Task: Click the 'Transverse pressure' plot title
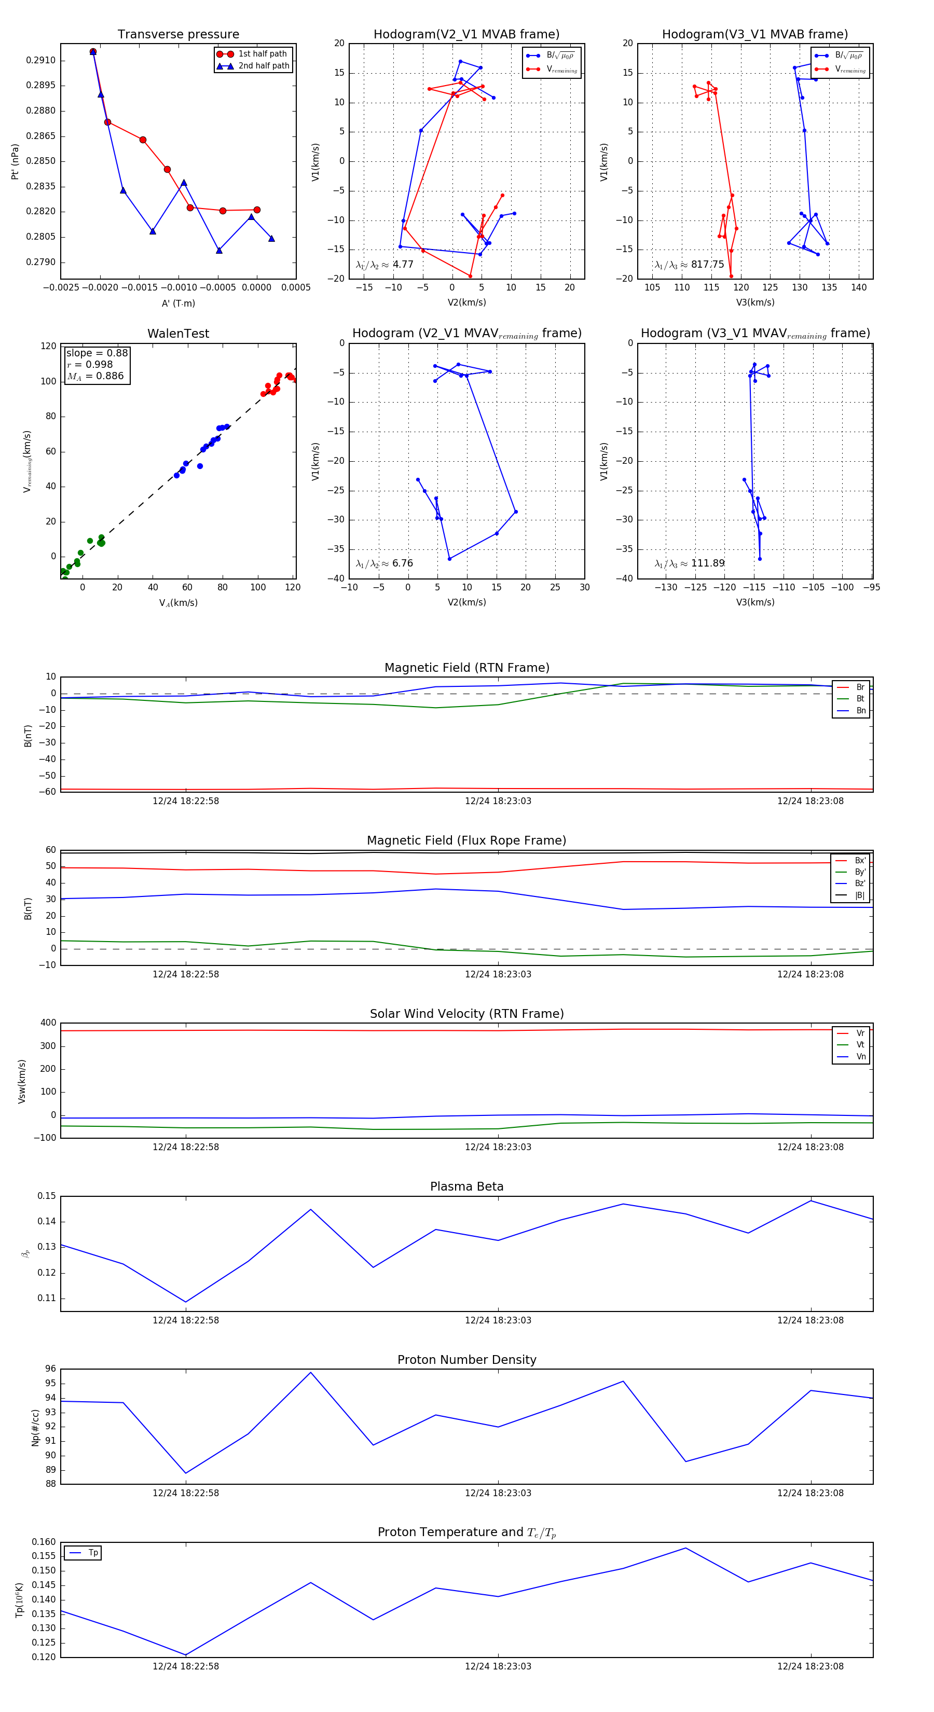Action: point(178,35)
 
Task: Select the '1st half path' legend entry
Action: point(262,54)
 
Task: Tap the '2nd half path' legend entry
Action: point(263,66)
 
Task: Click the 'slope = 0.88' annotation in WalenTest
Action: point(97,353)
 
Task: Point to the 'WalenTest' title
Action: point(178,334)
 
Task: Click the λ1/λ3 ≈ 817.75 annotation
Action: point(690,265)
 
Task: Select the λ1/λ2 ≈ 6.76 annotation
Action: point(384,563)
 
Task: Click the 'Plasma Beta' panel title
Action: point(466,1186)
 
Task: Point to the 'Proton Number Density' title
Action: point(466,1360)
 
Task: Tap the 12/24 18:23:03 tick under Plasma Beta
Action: point(498,1320)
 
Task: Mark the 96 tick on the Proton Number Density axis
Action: point(50,1369)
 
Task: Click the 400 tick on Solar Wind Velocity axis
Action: point(48,1023)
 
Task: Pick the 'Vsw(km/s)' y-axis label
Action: point(22,1081)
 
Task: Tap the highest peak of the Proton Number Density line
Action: point(310,1372)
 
